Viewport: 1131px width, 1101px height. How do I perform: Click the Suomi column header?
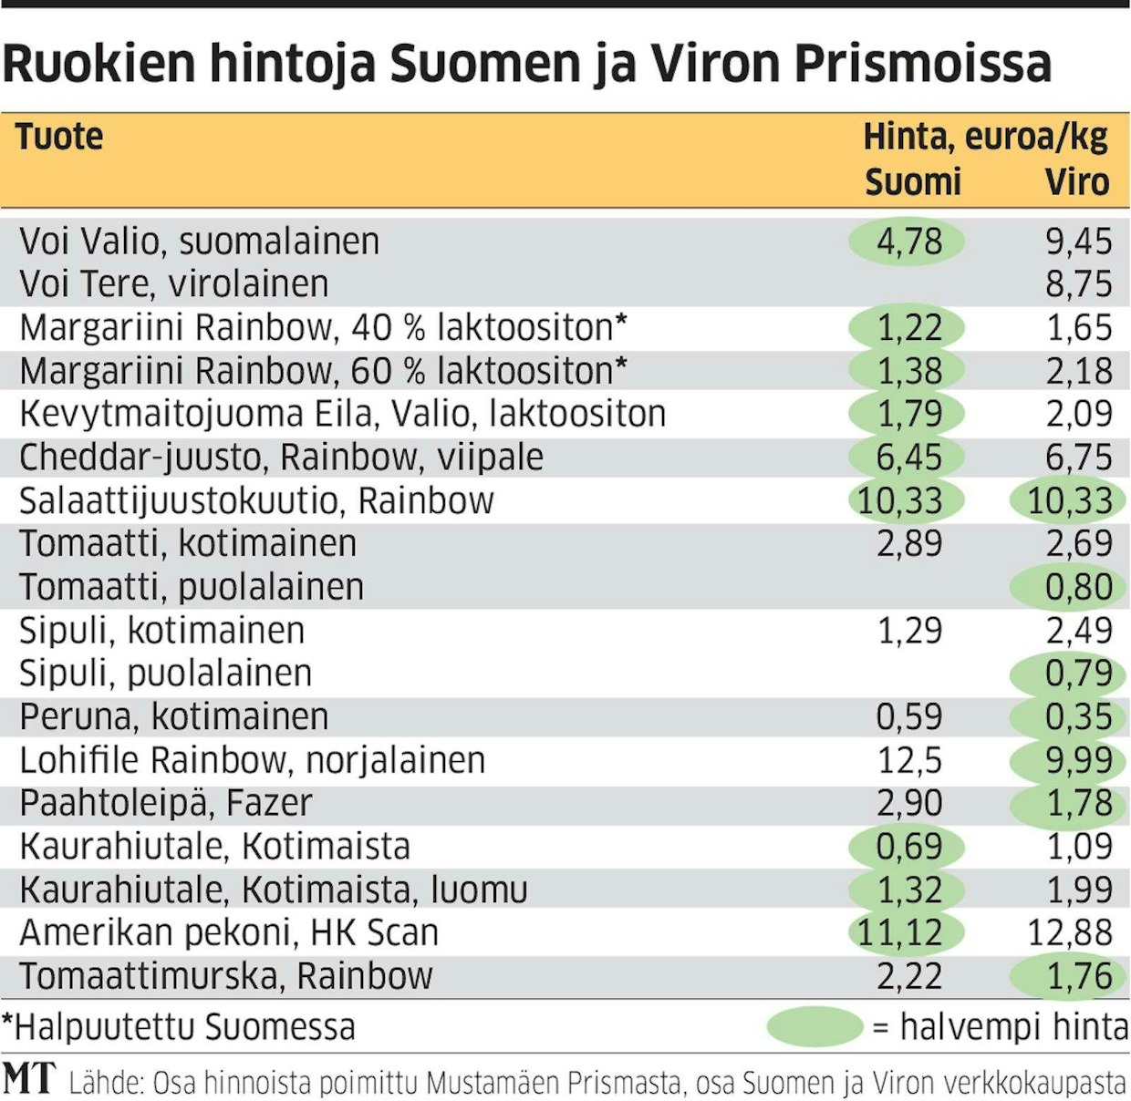point(912,181)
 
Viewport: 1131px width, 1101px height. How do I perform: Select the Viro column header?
point(1076,181)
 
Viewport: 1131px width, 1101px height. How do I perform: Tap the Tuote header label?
point(59,137)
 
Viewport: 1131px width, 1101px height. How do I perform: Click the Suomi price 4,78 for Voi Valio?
point(908,242)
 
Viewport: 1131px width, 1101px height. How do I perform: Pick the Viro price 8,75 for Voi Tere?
point(1078,284)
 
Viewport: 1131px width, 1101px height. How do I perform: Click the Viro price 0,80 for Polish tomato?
point(1078,587)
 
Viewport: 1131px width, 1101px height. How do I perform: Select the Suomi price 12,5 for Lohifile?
point(908,760)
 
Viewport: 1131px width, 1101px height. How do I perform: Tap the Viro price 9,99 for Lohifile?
point(1078,760)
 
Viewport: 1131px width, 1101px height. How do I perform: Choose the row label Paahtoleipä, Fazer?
point(165,803)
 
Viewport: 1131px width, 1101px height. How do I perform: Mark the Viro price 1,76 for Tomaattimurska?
point(1078,976)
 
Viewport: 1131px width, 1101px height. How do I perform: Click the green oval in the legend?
point(814,1026)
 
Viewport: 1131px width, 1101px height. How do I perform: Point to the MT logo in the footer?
point(29,1078)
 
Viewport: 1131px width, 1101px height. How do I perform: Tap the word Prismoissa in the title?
point(922,64)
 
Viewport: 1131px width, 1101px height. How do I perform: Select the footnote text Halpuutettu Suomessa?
point(182,1027)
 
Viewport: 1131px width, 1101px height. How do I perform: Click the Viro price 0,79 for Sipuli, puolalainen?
point(1078,674)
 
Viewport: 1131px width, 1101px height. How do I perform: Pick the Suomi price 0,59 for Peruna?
point(908,716)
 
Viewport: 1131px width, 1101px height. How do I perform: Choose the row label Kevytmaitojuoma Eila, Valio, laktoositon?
point(342,414)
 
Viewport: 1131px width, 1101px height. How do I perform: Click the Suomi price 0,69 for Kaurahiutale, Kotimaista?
point(908,847)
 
